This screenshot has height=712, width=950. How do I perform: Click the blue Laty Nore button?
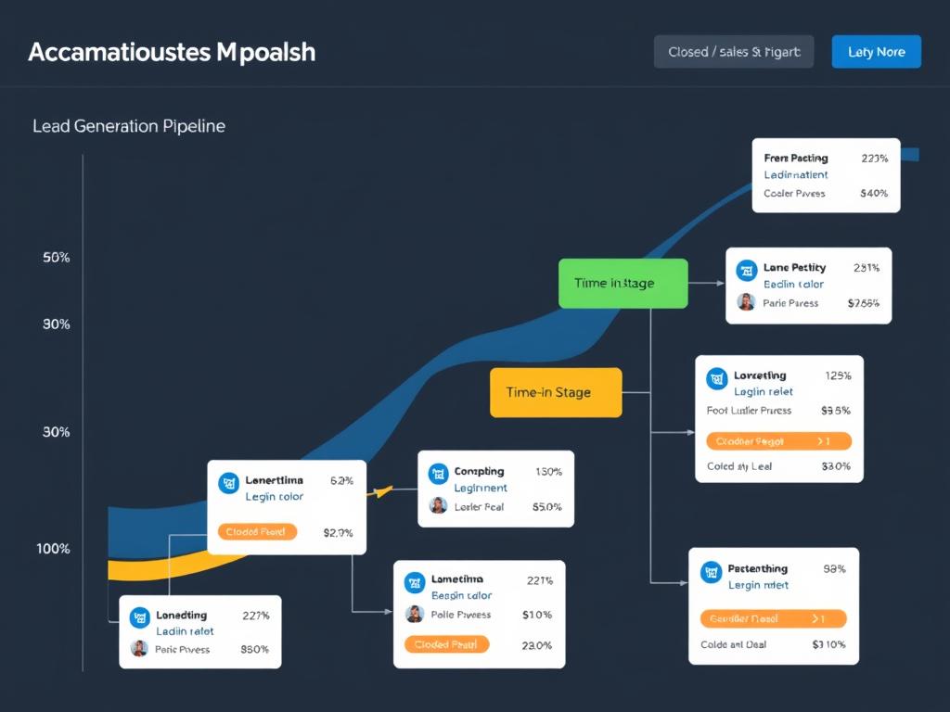[876, 52]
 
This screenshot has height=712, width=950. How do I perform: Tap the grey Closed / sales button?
[733, 52]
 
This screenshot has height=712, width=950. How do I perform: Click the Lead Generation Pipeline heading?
[129, 125]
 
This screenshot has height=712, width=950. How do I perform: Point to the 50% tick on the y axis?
[57, 258]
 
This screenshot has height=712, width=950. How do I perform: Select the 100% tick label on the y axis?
[53, 549]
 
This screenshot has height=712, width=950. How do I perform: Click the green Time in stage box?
[623, 283]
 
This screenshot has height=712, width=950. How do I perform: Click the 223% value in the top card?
[874, 159]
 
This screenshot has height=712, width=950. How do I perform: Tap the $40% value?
[874, 194]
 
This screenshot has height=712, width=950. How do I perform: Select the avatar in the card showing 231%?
[746, 302]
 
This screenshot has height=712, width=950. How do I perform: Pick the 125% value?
[837, 375]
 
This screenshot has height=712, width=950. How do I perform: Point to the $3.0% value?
[836, 466]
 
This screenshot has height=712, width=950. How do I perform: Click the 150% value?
[548, 472]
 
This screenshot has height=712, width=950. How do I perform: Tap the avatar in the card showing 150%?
[438, 506]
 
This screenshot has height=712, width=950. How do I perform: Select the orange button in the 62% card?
[257, 532]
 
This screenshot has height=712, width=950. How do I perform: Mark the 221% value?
[539, 581]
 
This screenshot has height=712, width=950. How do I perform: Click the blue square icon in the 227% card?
[140, 615]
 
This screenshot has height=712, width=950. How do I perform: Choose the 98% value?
[834, 569]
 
